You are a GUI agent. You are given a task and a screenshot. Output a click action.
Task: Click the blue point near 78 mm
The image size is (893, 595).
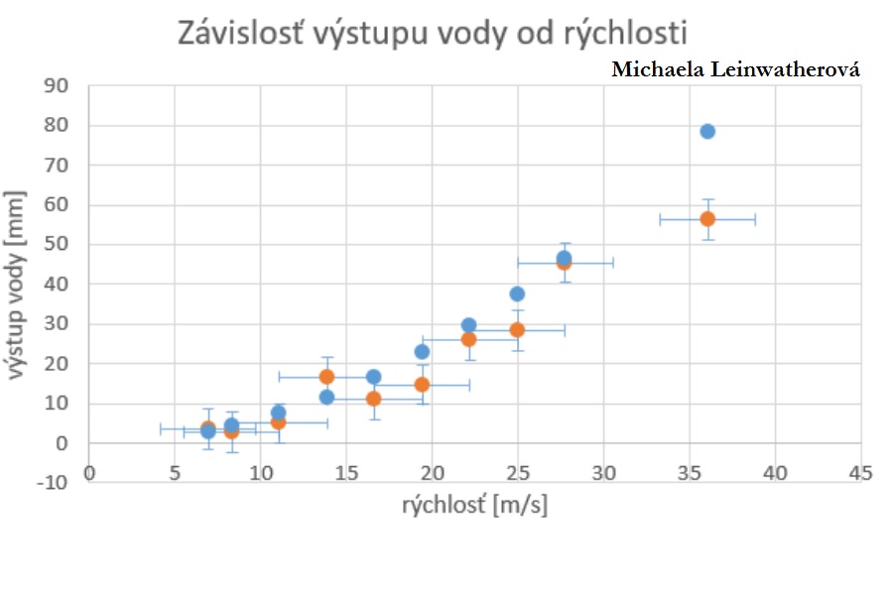(707, 131)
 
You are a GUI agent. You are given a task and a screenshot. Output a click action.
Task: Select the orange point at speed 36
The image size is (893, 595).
(707, 218)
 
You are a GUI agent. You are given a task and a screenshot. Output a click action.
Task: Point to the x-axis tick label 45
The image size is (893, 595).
(860, 473)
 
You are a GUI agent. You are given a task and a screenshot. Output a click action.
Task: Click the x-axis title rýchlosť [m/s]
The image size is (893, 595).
(475, 506)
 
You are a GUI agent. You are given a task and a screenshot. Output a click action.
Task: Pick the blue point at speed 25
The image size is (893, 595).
(517, 294)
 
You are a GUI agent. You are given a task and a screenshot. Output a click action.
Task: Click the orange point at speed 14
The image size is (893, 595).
(326, 377)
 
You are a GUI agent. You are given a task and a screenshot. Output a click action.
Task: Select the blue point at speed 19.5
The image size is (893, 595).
(422, 351)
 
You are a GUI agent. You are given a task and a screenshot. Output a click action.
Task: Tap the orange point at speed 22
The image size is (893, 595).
(468, 339)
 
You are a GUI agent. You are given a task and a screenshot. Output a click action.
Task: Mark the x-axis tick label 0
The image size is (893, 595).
(89, 473)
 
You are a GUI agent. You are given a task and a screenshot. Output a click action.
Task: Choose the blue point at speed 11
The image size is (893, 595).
(279, 413)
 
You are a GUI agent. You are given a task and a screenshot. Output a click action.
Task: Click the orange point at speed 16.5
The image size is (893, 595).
(373, 399)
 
